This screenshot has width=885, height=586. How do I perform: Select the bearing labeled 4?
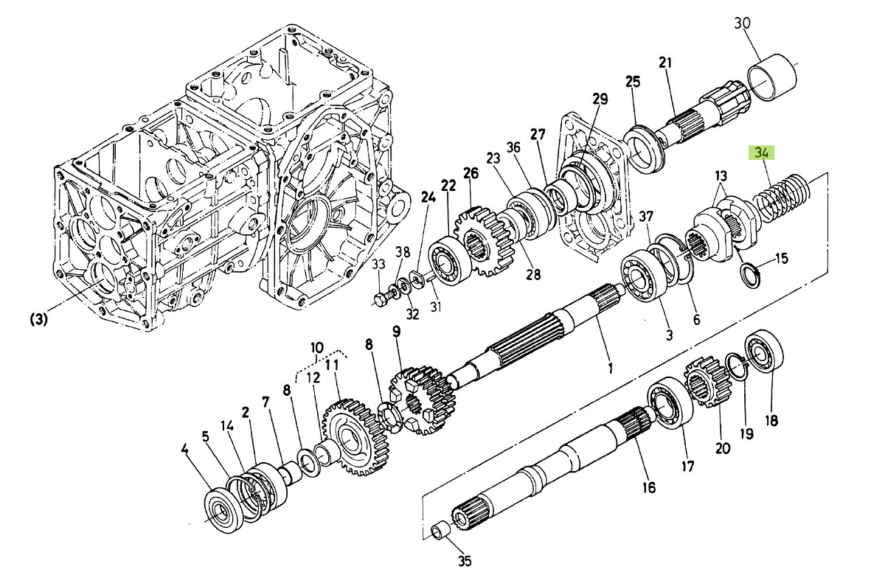pos(221,509)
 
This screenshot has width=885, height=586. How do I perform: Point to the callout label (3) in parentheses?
pos(39,319)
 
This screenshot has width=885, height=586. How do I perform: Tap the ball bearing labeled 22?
pos(448,259)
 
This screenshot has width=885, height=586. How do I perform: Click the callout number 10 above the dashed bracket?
pos(316,346)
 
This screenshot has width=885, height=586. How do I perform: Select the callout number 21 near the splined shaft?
pos(666,63)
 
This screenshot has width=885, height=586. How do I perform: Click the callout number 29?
pos(599,99)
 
